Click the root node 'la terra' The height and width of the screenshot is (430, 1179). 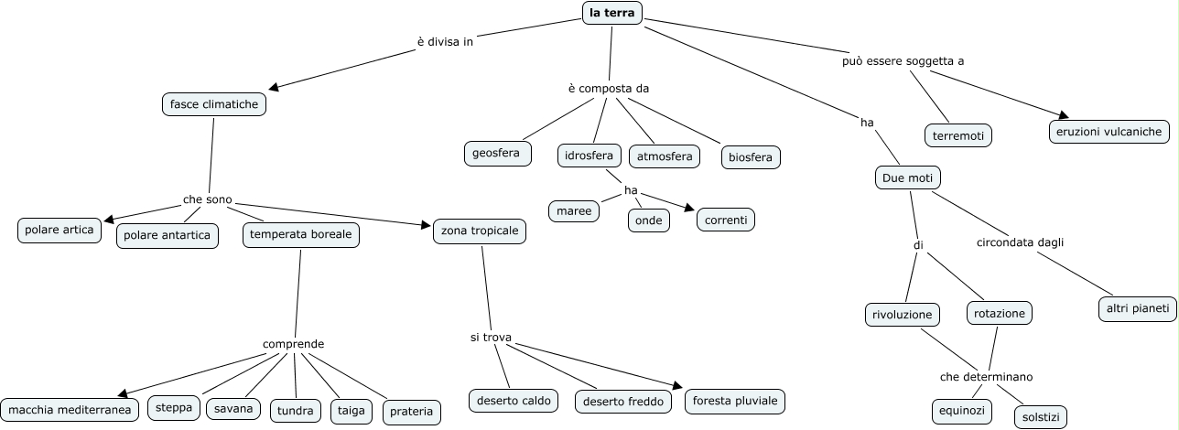tap(612, 13)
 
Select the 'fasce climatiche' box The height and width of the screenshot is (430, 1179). tap(214, 104)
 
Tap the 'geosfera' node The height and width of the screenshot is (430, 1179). tap(497, 153)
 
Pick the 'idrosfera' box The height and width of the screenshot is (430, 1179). tap(589, 156)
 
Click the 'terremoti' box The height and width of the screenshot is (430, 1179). tap(957, 135)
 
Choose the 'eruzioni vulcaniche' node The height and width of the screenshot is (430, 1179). tap(1109, 132)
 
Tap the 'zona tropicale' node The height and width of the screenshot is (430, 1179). tap(480, 231)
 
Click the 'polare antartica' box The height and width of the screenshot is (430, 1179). tap(168, 236)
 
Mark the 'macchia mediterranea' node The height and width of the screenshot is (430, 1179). tap(70, 409)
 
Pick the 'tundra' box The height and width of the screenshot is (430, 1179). tap(296, 411)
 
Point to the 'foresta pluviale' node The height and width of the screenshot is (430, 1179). tap(735, 401)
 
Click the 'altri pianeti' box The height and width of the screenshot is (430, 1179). tap(1137, 309)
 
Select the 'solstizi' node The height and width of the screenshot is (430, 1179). tap(1040, 417)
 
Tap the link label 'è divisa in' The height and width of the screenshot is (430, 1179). tap(445, 41)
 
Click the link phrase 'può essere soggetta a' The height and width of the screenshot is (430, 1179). tap(903, 61)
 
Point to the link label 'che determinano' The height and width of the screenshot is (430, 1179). tap(986, 376)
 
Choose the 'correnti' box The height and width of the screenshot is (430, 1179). tap(726, 220)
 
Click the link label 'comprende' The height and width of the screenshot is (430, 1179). tap(293, 344)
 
